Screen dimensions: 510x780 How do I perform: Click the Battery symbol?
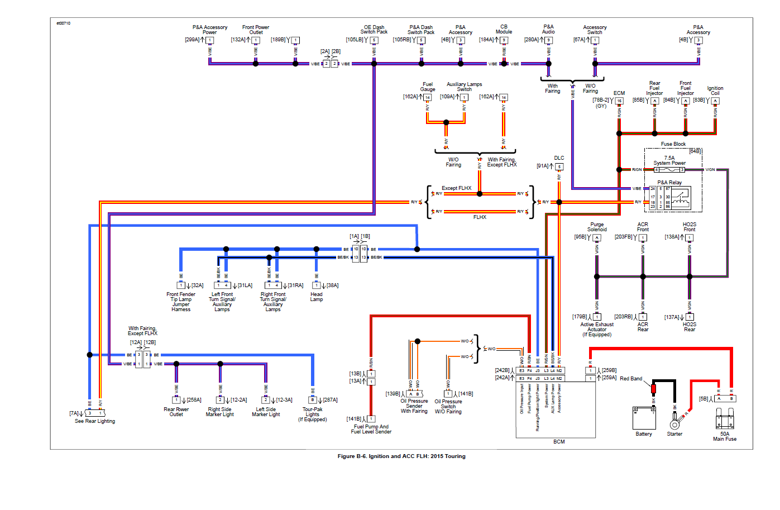(643, 418)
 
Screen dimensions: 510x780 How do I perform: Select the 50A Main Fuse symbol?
(725, 420)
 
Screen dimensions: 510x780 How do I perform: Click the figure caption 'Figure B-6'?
(401, 456)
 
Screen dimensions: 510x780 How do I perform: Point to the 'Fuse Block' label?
(673, 144)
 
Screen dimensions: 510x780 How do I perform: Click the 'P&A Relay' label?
(669, 183)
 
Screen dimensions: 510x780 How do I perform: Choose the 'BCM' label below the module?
(559, 442)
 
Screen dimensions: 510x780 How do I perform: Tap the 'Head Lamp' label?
(317, 297)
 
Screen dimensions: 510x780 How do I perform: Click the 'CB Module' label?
(504, 29)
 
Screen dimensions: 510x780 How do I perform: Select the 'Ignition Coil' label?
(715, 90)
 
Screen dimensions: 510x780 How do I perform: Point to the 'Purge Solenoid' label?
(597, 227)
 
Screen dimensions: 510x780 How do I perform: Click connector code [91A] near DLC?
(543, 166)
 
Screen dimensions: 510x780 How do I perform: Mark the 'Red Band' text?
(631, 379)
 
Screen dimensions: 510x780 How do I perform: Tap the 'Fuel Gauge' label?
(428, 87)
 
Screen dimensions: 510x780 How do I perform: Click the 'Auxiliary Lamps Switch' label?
(464, 87)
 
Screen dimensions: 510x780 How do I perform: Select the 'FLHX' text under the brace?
(480, 217)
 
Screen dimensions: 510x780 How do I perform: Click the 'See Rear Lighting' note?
(95, 421)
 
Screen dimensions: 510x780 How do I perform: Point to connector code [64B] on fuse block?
(695, 151)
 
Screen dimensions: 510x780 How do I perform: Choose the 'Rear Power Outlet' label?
(176, 412)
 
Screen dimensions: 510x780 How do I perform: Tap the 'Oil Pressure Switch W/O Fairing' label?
(448, 406)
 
